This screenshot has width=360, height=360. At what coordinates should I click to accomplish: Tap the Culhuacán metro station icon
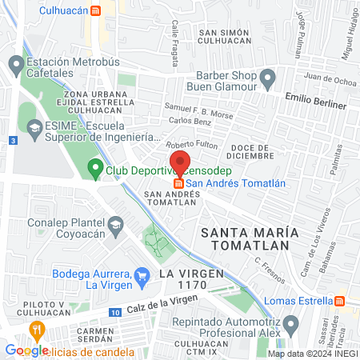[x=96, y=11]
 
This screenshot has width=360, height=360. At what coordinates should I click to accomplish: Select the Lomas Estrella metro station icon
[x=340, y=301]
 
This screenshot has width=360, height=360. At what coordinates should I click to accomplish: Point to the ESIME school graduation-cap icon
[x=34, y=127]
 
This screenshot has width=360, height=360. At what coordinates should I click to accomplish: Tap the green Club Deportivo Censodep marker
[x=95, y=170]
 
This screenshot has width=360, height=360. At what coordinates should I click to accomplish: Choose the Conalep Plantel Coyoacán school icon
[x=116, y=222]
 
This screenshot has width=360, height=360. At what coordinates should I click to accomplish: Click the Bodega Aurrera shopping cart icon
[x=142, y=276]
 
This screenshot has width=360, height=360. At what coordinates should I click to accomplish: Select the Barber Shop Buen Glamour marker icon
[x=268, y=78]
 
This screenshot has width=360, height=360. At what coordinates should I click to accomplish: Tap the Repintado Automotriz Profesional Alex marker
[x=291, y=325]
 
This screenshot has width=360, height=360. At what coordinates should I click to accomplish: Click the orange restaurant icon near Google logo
[x=36, y=330]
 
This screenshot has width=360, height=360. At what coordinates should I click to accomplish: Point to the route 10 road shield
[x=116, y=311]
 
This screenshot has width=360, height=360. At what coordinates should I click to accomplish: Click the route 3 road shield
[x=13, y=140]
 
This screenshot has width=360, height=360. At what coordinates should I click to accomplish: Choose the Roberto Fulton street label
[x=191, y=144]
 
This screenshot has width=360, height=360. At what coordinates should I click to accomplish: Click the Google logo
[x=26, y=350]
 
